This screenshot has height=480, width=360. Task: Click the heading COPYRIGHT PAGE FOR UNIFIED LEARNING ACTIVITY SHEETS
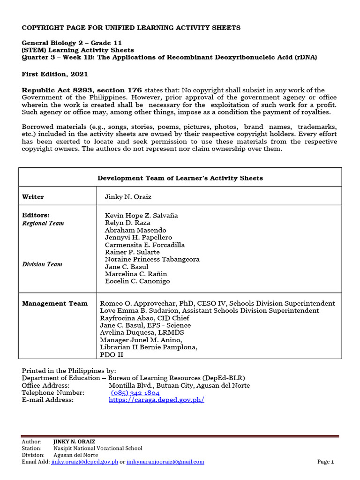point(131,28)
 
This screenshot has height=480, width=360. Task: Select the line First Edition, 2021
point(55,74)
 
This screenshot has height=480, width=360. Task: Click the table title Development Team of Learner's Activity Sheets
point(180,178)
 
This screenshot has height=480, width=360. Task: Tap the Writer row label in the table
point(33,197)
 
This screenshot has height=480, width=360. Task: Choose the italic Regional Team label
point(43,224)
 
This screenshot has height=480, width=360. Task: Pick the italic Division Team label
point(42,264)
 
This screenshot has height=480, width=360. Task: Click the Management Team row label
point(55,304)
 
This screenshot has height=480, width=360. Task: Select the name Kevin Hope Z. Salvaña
point(141,216)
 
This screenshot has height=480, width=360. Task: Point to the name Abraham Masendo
point(135,230)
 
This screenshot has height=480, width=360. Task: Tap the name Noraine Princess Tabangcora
point(152,259)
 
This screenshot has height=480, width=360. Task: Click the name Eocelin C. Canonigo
point(137,281)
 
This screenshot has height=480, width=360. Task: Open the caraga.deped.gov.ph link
point(157,400)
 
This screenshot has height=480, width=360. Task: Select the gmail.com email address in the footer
point(165,462)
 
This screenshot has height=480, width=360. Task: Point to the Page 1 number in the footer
point(325,462)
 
